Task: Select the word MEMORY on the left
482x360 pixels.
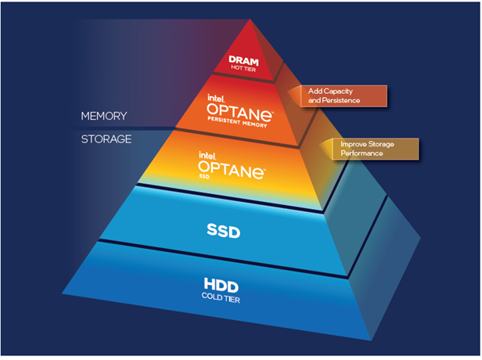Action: point(105,117)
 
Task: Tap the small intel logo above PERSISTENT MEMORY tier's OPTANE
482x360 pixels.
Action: point(216,100)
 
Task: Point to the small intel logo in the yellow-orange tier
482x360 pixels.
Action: point(207,155)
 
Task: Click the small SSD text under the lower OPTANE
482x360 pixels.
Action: point(204,178)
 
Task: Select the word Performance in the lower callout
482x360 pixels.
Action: point(361,153)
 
